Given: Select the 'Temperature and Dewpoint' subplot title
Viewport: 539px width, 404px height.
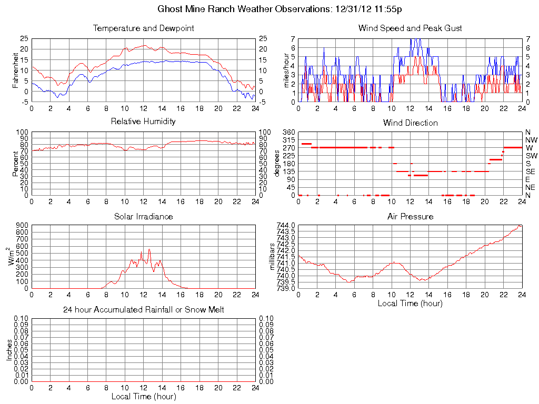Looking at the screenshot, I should tap(143, 28).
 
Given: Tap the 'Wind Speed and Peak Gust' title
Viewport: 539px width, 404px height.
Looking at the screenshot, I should tap(410, 28).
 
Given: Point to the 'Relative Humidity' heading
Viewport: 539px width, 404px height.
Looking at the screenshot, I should tap(143, 122).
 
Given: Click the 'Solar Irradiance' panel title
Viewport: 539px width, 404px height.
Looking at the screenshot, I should tap(143, 216).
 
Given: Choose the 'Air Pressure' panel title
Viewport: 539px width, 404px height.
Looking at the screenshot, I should tap(410, 216).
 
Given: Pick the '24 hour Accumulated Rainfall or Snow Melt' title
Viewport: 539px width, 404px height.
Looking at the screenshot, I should tap(143, 310).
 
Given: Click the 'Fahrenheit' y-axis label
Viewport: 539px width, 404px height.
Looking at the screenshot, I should tap(16, 70).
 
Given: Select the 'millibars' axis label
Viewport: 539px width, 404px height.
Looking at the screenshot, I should tap(272, 256).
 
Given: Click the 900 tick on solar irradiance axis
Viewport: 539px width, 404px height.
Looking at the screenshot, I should tap(21, 225).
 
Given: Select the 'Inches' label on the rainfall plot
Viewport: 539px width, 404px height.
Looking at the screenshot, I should tap(9, 350).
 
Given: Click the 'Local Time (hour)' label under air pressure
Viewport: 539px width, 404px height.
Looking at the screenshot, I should tap(410, 303).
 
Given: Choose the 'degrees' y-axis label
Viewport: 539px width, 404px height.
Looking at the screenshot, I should tap(277, 163).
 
